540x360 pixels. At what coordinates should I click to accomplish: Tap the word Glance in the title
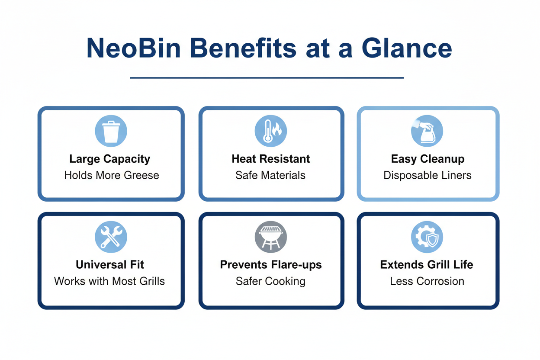(407, 48)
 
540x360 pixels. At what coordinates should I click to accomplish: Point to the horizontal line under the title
(267, 78)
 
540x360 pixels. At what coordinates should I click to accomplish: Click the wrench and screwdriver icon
(111, 237)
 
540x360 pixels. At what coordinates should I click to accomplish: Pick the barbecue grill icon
(271, 237)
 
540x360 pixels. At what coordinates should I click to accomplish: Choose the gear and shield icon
(427, 237)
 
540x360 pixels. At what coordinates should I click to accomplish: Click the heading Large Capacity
(109, 159)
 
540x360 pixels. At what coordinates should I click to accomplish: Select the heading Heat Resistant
(271, 159)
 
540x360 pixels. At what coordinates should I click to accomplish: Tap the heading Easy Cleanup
(427, 159)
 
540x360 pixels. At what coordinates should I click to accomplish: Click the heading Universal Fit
(110, 264)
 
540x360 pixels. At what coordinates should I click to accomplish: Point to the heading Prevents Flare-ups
(271, 264)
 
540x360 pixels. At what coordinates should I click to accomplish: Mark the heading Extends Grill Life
(427, 264)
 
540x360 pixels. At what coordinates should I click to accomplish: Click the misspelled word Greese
(142, 175)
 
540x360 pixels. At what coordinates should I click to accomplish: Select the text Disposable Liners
(427, 175)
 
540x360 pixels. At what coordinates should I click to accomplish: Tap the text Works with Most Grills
(109, 281)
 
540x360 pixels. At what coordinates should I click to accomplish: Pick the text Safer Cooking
(271, 281)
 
